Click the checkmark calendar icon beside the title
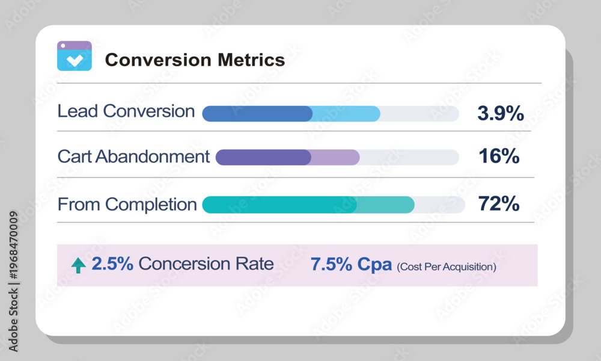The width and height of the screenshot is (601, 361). click(x=75, y=56)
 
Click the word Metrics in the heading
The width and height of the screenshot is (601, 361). click(x=251, y=60)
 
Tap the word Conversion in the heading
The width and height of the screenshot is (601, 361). click(x=158, y=60)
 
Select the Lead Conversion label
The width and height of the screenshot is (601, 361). click(x=126, y=111)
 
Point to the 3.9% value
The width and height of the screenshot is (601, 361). click(x=501, y=113)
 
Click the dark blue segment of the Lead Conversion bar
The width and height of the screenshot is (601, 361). click(x=257, y=114)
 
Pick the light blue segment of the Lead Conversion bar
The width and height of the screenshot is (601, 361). click(x=347, y=114)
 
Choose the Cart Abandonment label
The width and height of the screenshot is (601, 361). click(x=133, y=156)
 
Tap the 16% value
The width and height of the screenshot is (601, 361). click(x=499, y=156)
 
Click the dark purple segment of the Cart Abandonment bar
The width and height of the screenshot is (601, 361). click(x=263, y=157)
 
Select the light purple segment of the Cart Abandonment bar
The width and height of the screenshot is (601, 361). click(x=335, y=157)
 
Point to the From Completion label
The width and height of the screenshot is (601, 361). click(x=127, y=205)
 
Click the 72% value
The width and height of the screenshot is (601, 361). click(x=499, y=204)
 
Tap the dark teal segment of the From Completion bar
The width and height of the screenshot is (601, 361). click(x=279, y=205)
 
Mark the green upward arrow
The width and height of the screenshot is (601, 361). click(x=79, y=265)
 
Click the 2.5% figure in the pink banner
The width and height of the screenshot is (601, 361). click(x=112, y=264)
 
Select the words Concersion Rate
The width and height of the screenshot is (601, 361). click(x=206, y=264)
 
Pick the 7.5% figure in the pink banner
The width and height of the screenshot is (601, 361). click(x=331, y=264)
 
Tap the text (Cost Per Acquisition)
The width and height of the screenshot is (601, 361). click(x=447, y=267)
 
